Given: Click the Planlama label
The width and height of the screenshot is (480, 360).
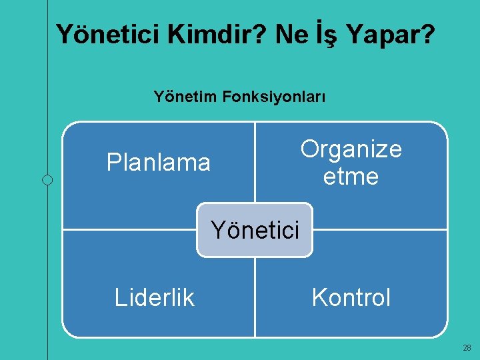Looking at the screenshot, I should click(159, 162).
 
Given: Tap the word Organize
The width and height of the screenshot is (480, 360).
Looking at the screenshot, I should click(351, 149).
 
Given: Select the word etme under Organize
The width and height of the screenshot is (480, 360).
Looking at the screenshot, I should click(351, 177).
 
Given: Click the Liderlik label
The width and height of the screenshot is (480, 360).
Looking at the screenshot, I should click(155, 297).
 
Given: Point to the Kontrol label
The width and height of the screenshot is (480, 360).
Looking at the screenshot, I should click(351, 297).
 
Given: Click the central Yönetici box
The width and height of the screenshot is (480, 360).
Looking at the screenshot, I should click(254, 230).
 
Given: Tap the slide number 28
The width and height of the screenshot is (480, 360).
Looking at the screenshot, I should click(467, 348).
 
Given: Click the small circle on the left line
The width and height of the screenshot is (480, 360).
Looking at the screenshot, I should click(47, 179).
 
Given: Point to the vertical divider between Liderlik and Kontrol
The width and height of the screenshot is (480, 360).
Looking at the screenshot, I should click(255, 297).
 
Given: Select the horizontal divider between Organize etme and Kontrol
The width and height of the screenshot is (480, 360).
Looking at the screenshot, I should click(379, 230).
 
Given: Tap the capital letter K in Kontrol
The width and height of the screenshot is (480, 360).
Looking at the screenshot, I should click(319, 297).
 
